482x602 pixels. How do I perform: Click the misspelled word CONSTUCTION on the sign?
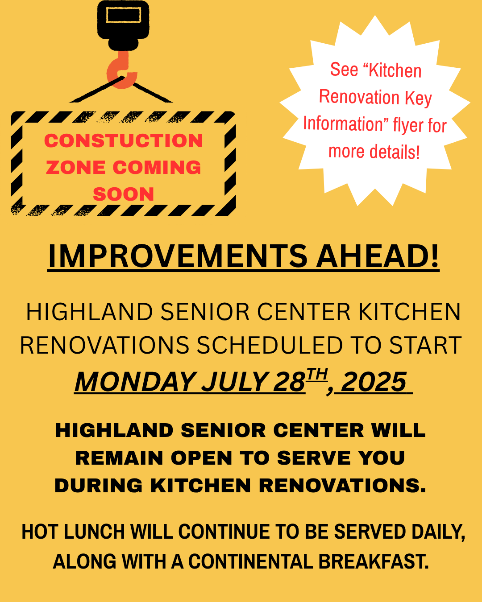pos(124,141)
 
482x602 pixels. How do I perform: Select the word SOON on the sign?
pos(124,194)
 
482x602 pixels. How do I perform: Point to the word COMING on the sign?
pos(157,168)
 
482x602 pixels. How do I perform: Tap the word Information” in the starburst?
pos(346,124)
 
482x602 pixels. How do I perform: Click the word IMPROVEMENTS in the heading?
pos(178,256)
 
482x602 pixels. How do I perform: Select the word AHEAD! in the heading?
pos(378,256)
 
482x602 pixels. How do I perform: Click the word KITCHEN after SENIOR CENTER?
pos(409,312)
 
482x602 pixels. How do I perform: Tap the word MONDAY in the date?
pos(135,382)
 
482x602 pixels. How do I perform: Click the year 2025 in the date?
pos(374,382)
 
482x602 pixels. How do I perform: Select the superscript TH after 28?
pos(317,374)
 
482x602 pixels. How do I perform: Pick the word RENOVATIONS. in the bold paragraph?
pos(343,486)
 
